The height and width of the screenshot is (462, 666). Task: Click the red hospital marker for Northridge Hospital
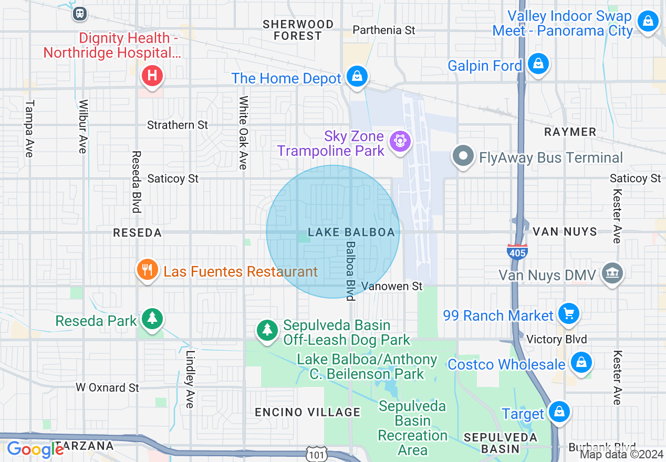click(152, 76)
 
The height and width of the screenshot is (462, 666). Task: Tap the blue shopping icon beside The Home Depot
click(357, 76)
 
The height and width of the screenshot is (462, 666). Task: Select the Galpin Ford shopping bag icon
click(538, 64)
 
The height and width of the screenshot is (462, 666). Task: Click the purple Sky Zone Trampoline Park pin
click(400, 141)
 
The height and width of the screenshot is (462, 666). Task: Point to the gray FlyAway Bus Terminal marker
click(463, 156)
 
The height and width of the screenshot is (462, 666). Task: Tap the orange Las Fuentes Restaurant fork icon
click(148, 270)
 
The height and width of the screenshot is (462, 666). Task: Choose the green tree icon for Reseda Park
click(152, 318)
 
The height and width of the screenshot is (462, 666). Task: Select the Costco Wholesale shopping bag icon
click(581, 362)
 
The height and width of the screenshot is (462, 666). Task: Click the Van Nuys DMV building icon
click(612, 272)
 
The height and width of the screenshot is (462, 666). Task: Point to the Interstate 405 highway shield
click(517, 251)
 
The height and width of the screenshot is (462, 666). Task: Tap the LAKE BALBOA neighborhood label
click(351, 232)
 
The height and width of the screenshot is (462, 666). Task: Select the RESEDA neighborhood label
click(137, 233)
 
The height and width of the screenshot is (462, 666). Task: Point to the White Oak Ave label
click(243, 132)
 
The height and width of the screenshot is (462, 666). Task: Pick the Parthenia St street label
click(383, 30)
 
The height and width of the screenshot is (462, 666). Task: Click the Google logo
click(35, 449)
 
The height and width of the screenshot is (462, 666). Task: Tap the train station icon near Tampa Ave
click(80, 14)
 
